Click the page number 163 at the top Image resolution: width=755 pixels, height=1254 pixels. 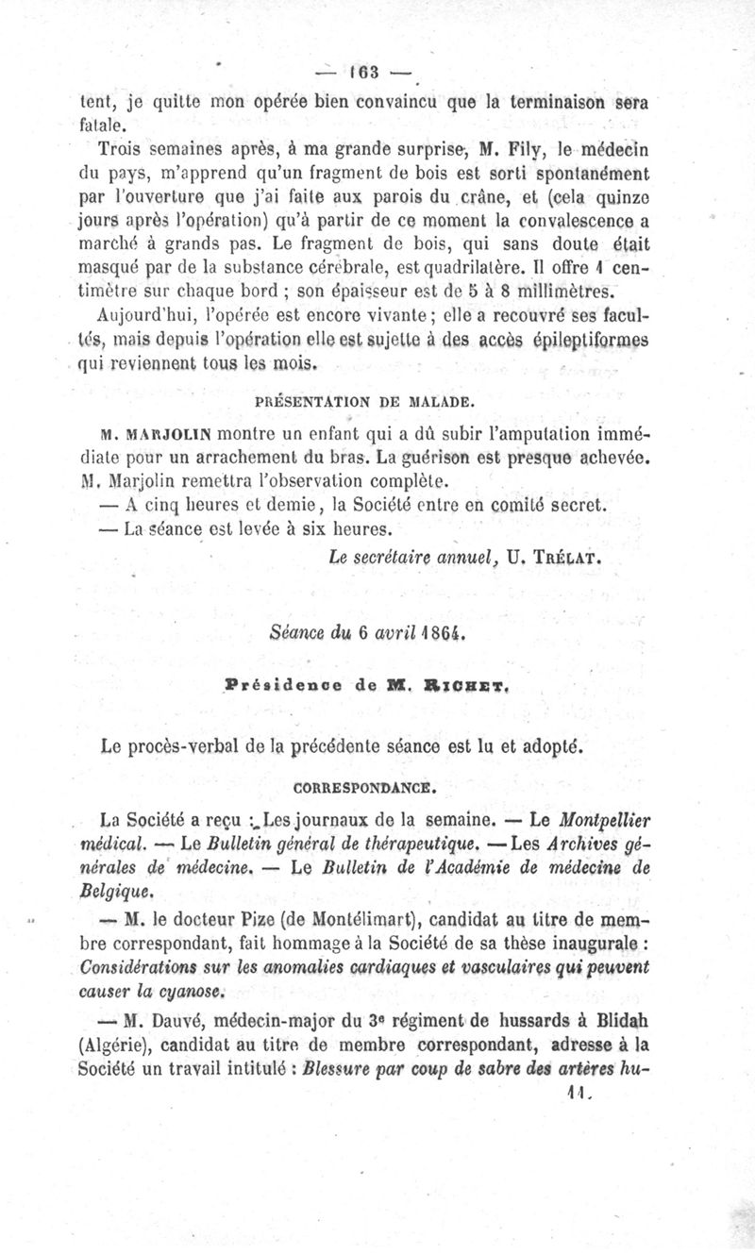(362, 73)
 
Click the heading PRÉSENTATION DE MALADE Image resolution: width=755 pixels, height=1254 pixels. (364, 401)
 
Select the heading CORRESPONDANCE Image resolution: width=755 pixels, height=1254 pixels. (363, 786)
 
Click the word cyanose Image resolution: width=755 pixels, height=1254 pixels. (189, 991)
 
